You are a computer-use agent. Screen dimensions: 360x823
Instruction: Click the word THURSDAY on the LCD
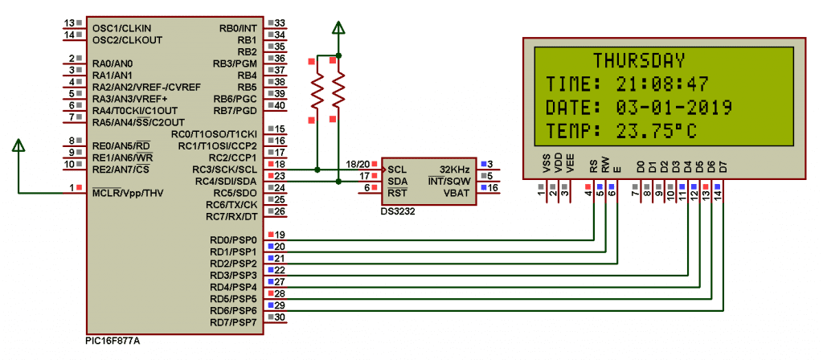pos(639,60)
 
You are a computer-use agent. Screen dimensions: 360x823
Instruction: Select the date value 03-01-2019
pos(674,107)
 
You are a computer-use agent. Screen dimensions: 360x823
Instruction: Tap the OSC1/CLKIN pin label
pos(121,28)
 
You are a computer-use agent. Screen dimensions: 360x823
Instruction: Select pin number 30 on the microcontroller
pos(280,317)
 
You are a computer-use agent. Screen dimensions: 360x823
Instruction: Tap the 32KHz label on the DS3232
pos(454,170)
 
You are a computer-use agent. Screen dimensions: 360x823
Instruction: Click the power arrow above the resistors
pos(338,31)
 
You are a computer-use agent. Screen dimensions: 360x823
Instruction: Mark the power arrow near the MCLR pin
pos(18,145)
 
